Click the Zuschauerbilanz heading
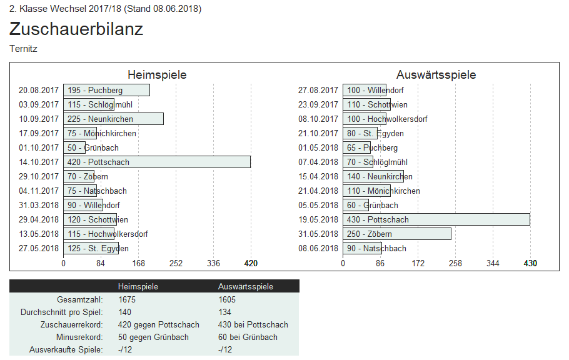(x=76, y=29)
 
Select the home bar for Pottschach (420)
(x=156, y=162)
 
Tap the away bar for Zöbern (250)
(x=396, y=234)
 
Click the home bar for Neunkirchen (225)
(x=113, y=119)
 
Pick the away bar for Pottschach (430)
(x=436, y=219)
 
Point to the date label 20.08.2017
(x=39, y=90)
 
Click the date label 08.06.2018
(x=318, y=248)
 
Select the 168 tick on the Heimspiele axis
(x=138, y=263)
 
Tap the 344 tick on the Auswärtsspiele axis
(x=493, y=263)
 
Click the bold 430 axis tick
(x=530, y=263)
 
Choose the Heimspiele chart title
(x=157, y=75)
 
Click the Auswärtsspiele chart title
(x=436, y=75)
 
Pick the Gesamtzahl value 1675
(x=127, y=299)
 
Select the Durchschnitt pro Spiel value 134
(x=224, y=312)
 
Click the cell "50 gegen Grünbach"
(x=153, y=337)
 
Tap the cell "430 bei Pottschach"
(x=253, y=324)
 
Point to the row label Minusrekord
(x=79, y=337)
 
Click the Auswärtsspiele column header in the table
(x=245, y=286)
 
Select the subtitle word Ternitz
(x=24, y=48)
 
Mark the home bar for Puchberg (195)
(x=106, y=90)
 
